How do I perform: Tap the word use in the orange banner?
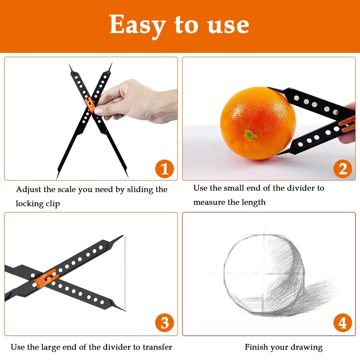228,26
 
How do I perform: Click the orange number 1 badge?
164,169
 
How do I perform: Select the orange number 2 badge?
342,169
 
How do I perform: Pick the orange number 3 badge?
164,322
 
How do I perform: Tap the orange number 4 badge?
342,322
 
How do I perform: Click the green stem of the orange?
250,135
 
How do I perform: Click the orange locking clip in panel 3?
46,279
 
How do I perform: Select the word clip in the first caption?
53,204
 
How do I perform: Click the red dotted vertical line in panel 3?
125,273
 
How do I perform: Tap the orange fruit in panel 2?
258,123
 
